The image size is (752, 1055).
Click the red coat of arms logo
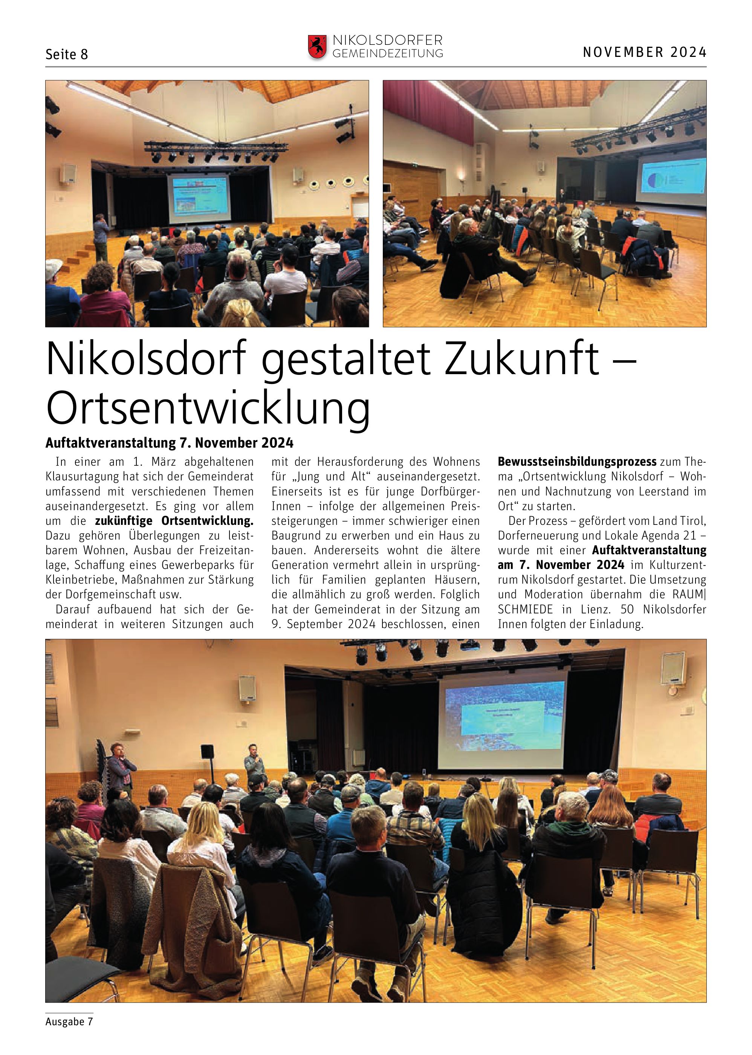[x=317, y=47]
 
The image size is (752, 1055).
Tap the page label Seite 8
[x=67, y=55]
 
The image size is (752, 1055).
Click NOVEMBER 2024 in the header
[x=644, y=52]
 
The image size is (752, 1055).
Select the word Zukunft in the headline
[x=522, y=359]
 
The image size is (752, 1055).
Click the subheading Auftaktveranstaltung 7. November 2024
[x=170, y=443]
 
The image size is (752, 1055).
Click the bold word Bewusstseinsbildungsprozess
[x=577, y=462]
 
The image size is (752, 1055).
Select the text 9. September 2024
[x=324, y=624]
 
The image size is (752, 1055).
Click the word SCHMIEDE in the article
[x=525, y=610]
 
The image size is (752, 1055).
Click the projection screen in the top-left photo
[x=199, y=199]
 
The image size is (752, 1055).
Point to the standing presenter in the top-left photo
[x=101, y=236]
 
